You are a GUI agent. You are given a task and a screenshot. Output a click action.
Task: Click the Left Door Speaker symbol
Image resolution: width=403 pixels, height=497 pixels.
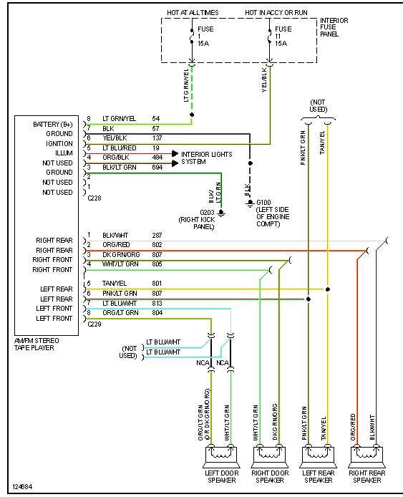point(222,455)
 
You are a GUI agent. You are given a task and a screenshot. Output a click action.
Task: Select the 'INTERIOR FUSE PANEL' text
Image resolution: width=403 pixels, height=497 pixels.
point(334,27)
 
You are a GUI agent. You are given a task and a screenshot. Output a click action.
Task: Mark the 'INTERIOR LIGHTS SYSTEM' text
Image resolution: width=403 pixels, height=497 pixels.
point(205,158)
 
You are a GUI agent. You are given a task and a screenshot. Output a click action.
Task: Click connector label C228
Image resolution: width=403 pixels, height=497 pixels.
point(94,198)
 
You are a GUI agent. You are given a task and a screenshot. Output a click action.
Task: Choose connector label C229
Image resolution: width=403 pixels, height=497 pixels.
point(94,324)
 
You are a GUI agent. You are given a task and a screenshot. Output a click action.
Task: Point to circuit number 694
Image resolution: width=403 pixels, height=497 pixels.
point(157,166)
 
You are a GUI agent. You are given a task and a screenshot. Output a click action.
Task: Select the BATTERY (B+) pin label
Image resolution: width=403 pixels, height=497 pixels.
point(53,125)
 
